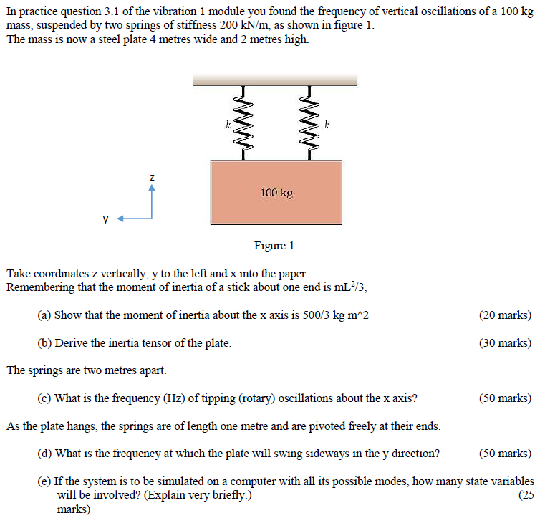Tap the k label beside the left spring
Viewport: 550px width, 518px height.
pos(228,125)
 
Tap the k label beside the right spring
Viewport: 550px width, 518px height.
pos(327,125)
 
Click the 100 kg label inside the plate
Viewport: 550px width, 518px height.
pos(276,193)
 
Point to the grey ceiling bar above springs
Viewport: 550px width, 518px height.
pos(275,80)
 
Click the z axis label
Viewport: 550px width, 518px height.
pos(152,176)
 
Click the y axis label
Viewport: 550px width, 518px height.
pos(106,219)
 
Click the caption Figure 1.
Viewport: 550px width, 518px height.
pos(275,246)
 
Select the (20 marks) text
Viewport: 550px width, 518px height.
pos(505,315)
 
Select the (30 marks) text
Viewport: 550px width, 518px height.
pos(505,343)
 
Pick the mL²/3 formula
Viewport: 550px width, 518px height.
pos(352,287)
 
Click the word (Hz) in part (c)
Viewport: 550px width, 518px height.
pos(174,398)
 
